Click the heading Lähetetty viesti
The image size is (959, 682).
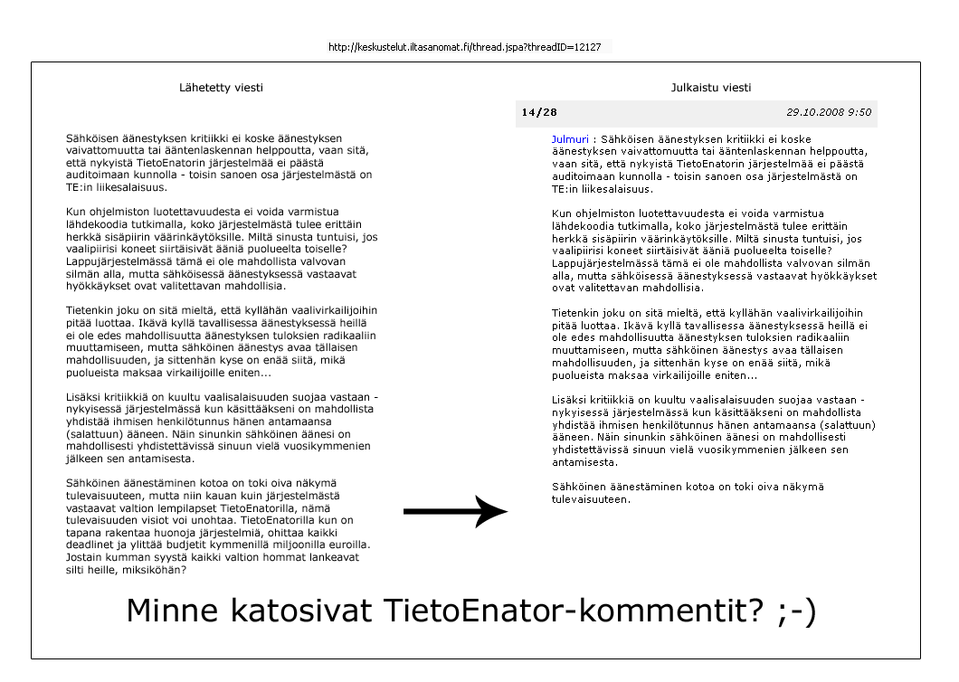(222, 88)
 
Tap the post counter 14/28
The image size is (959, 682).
(538, 112)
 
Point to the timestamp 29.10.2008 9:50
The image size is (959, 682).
(828, 112)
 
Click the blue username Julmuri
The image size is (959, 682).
(570, 138)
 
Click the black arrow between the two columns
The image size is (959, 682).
(455, 512)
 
